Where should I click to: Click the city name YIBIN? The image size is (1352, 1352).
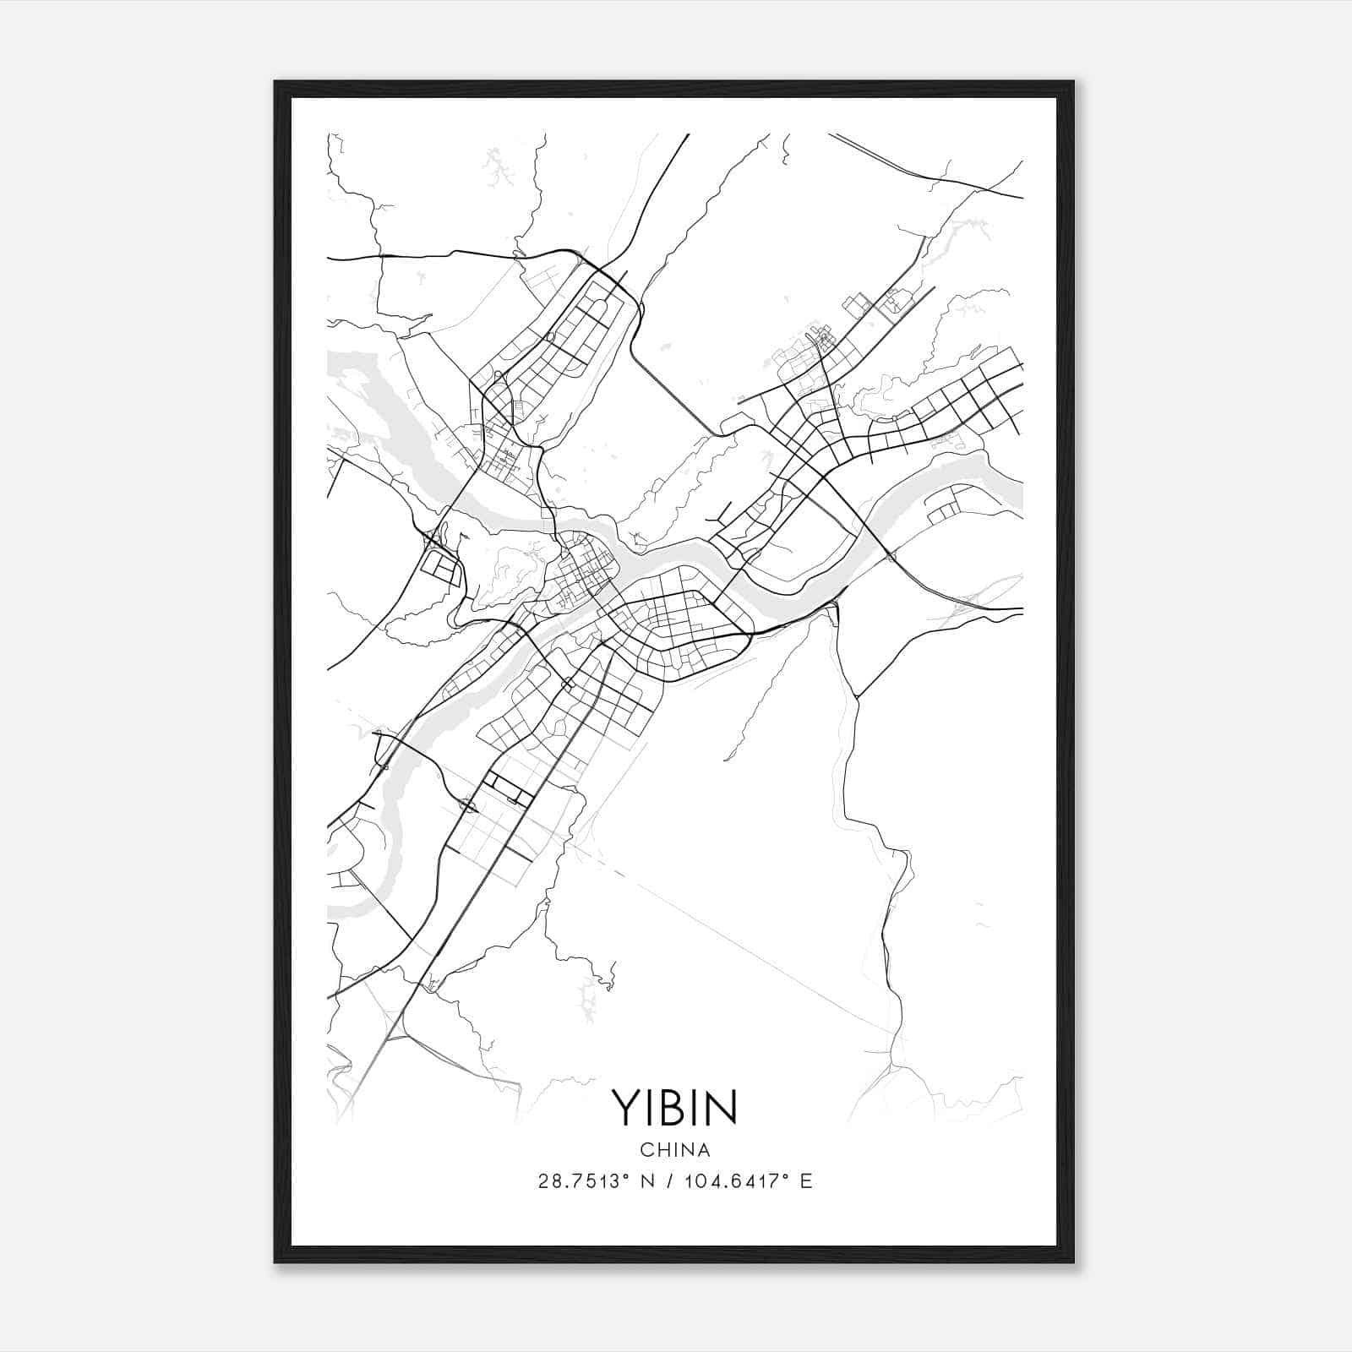[674, 1107]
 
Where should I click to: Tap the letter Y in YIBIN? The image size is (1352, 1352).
[627, 1107]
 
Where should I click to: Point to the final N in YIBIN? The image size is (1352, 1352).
[721, 1107]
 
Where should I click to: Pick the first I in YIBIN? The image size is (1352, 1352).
[651, 1107]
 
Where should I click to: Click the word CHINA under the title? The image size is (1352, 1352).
[674, 1150]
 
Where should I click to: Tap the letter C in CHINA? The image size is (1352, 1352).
[646, 1150]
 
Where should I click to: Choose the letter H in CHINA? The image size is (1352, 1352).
[661, 1150]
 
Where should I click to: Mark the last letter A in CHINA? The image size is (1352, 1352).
[703, 1150]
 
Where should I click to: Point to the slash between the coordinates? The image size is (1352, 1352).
[677, 1181]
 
